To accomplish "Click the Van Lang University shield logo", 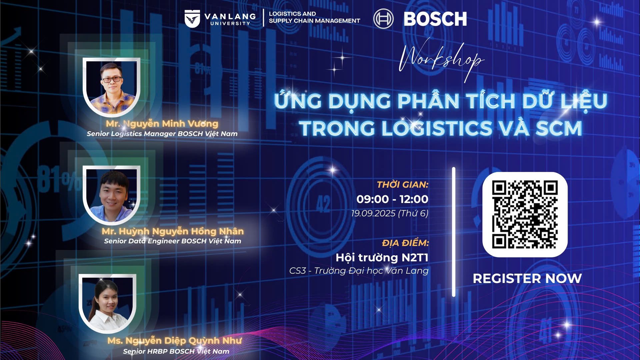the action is tap(192, 19).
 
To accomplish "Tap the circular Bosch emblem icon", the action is tap(383, 19).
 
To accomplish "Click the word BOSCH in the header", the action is tap(435, 19).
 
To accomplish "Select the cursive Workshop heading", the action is tap(441, 60).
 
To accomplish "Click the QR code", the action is tap(525, 215).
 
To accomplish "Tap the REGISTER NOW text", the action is tap(527, 278).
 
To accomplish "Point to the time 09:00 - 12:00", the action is tap(392, 199).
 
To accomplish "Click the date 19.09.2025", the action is tap(373, 213).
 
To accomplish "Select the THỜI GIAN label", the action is tap(403, 184).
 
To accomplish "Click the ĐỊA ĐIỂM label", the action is tap(406, 243).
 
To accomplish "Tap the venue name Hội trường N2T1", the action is tap(382, 258).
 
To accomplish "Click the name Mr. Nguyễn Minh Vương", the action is tap(162, 124).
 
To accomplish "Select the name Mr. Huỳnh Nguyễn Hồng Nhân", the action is tap(173, 231).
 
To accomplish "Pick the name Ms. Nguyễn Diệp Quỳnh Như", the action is tap(174, 341).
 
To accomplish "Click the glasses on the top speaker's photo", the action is tap(112, 80).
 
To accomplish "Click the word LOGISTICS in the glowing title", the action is tap(437, 128).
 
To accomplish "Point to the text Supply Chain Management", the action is tap(314, 21).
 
